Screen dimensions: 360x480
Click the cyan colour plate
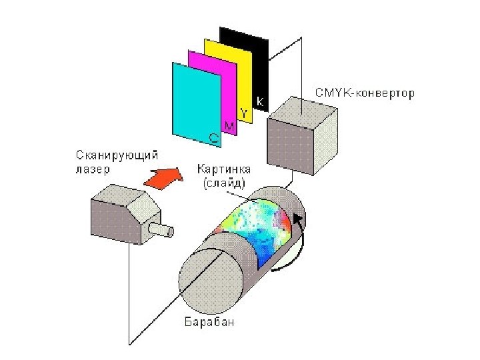(193, 100)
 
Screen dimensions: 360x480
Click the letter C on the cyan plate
(213, 137)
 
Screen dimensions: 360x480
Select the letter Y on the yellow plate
(245, 114)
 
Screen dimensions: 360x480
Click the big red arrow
(164, 177)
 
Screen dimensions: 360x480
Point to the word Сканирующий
(116, 157)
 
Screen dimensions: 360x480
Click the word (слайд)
(223, 182)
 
